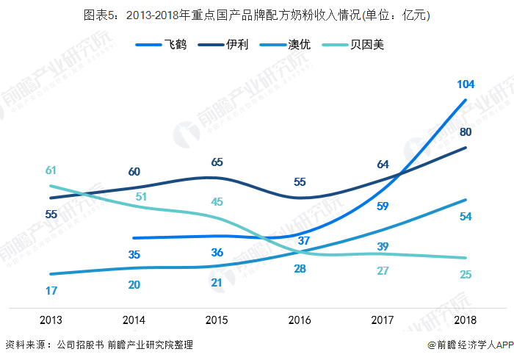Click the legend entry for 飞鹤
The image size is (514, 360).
tap(162, 45)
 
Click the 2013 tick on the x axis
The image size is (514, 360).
tap(51, 320)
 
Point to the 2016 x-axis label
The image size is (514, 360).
tap(300, 320)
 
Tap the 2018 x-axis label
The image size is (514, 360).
tap(466, 320)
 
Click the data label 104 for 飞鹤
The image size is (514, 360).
tap(466, 84)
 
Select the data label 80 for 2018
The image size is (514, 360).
tap(466, 132)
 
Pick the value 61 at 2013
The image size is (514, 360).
tap(51, 170)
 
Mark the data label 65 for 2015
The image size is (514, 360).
tap(217, 162)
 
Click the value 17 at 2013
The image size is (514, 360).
tap(51, 291)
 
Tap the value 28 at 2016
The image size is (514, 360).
tap(300, 269)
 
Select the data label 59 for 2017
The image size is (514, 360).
tap(383, 206)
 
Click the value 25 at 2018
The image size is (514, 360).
tap(466, 275)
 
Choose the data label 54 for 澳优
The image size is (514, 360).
tap(466, 217)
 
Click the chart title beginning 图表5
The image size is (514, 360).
tap(257, 15)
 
